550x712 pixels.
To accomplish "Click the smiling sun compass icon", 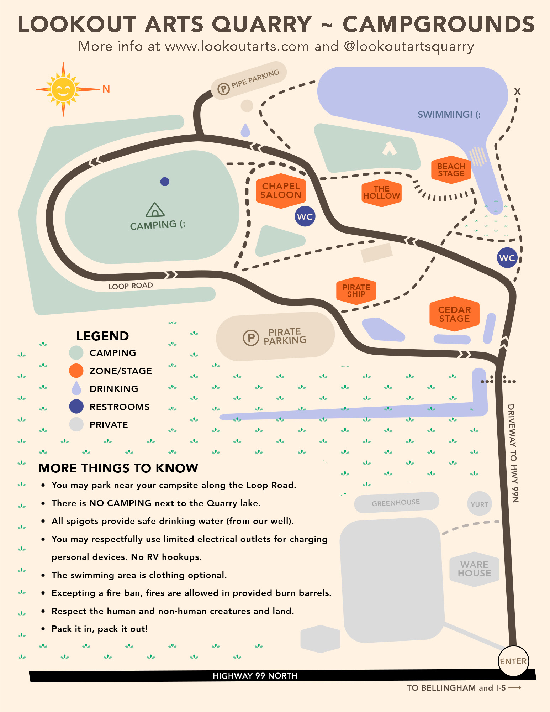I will [63, 89].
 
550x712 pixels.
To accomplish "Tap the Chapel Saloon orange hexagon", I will [281, 191].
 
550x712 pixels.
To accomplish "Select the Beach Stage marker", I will [451, 170].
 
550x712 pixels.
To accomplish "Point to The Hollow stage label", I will [381, 193].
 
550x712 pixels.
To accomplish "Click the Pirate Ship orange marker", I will [356, 290].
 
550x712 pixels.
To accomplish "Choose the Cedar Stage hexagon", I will [454, 314].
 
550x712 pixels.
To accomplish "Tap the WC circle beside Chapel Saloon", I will [305, 216].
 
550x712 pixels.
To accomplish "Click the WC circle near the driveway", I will [507, 258].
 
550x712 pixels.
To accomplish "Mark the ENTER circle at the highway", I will [513, 661].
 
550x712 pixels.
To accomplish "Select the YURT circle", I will [479, 504].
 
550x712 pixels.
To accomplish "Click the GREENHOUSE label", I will [396, 503].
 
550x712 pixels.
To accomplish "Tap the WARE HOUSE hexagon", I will [474, 569].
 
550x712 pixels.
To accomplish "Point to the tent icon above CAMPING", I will [155, 210].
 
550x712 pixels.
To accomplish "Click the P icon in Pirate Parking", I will [251, 337].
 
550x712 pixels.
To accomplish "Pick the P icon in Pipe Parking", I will [223, 88].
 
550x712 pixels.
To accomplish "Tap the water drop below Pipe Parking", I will [245, 131].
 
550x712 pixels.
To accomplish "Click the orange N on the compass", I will [106, 89].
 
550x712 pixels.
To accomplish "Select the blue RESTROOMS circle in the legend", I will [76, 407].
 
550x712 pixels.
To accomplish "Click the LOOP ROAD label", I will [131, 286].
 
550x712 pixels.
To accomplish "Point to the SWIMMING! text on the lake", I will [449, 115].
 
